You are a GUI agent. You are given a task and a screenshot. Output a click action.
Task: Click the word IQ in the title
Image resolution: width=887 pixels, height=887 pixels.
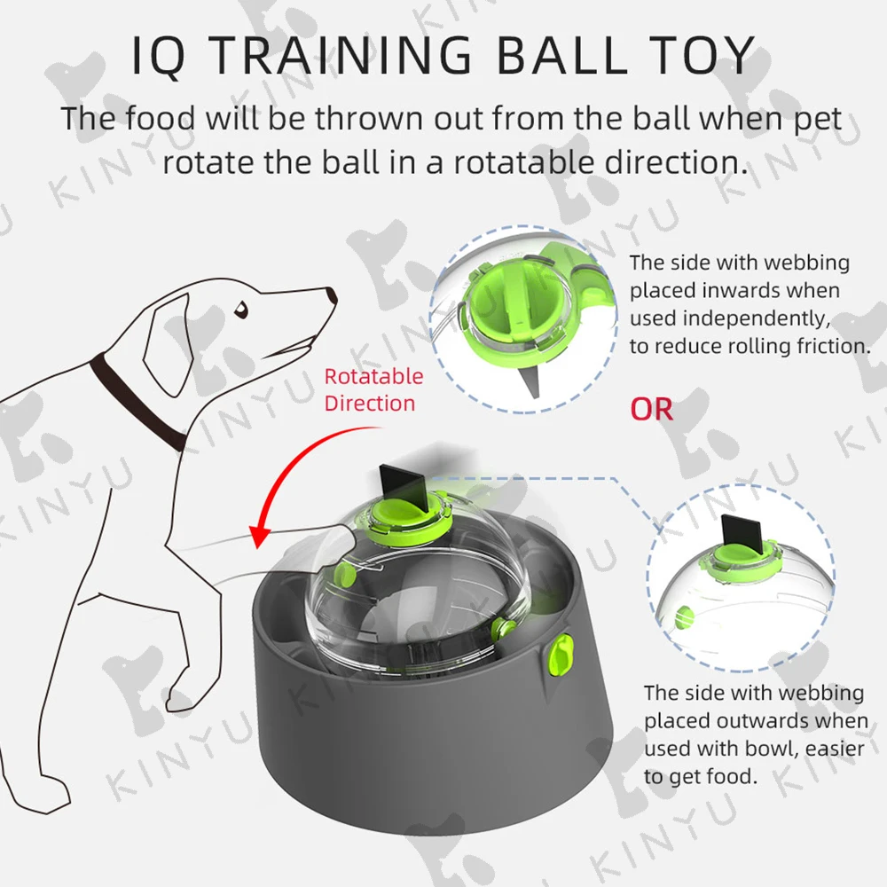[x=158, y=55]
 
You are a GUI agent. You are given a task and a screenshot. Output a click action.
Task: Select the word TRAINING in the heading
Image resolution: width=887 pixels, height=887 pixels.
[x=342, y=55]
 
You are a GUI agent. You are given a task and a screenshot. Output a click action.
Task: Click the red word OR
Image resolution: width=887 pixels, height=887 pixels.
[x=652, y=409]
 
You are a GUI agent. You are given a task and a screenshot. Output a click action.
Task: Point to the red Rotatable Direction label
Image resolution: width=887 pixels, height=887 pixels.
[x=373, y=389]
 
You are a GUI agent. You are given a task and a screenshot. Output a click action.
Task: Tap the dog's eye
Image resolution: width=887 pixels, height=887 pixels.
[x=241, y=310]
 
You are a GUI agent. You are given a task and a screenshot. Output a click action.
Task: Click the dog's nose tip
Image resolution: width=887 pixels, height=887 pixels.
[x=334, y=296]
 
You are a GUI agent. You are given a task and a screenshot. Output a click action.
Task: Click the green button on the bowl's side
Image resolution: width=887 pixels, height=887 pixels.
[x=561, y=654]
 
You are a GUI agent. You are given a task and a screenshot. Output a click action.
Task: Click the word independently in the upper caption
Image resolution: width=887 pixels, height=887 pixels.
[x=757, y=318]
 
